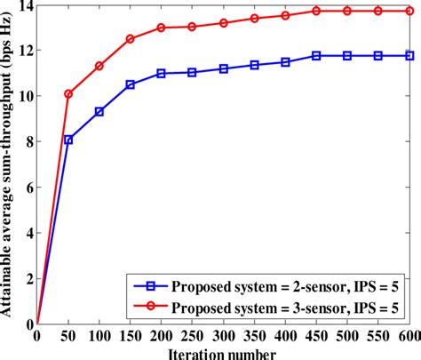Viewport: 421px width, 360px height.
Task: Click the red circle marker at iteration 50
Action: pos(68,93)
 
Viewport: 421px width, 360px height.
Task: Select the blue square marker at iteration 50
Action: pos(68,140)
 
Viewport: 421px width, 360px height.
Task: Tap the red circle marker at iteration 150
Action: pos(130,39)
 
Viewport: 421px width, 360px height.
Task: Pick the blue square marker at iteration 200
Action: pos(161,74)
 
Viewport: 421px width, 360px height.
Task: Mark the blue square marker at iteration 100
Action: pos(99,111)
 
